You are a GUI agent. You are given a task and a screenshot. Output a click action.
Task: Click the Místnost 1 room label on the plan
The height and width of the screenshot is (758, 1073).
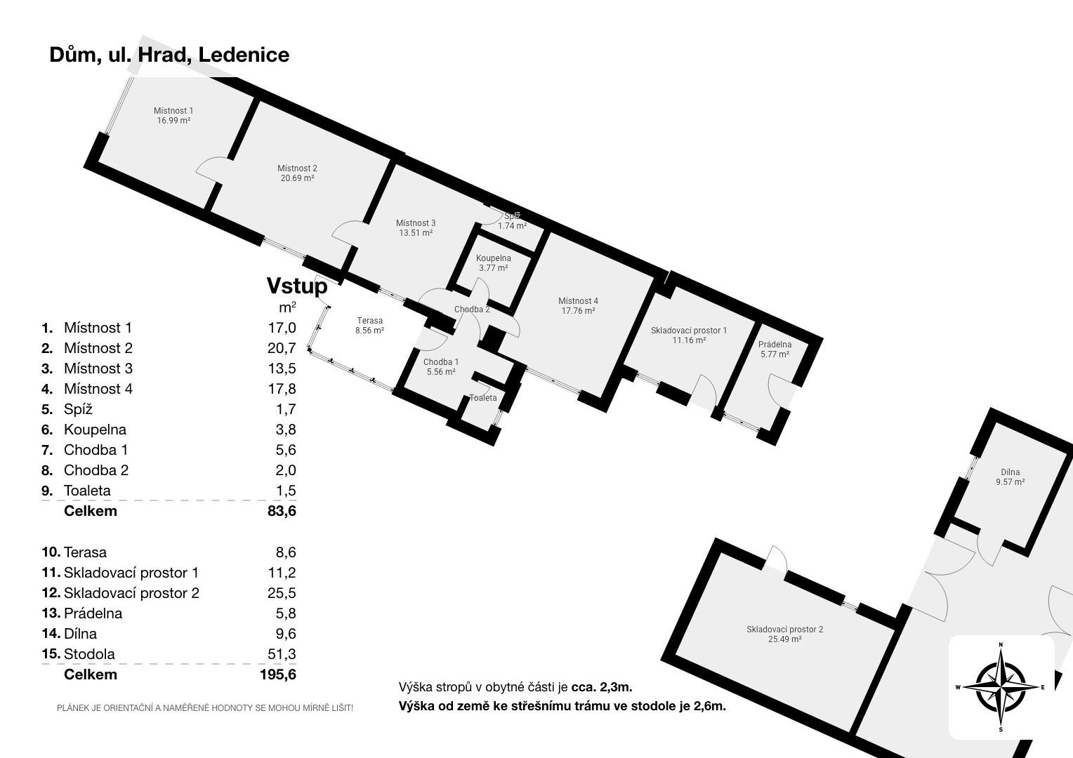[173, 111]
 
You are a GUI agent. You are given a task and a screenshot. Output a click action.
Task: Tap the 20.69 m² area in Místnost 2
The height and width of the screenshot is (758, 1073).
[297, 178]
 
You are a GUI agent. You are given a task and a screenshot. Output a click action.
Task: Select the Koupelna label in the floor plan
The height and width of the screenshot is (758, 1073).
[494, 258]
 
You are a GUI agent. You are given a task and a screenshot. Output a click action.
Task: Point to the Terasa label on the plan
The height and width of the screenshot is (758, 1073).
[369, 321]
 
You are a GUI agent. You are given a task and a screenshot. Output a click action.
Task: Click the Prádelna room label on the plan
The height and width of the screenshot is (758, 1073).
[775, 345]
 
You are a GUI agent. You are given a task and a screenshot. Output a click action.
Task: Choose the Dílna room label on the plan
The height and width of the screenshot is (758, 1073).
[1011, 472]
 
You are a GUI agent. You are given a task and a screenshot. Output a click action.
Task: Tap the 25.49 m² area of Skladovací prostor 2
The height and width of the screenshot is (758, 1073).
[785, 639]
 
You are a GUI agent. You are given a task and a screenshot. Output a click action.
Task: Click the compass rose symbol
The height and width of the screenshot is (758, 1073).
[1001, 686]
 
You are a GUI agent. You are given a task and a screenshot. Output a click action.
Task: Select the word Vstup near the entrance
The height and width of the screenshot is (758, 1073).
[296, 286]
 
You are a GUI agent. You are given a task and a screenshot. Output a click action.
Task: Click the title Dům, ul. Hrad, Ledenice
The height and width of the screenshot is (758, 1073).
[169, 55]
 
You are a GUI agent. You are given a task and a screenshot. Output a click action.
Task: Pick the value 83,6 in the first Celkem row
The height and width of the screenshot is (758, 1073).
[282, 511]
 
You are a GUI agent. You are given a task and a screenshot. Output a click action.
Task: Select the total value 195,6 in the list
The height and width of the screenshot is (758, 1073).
[277, 674]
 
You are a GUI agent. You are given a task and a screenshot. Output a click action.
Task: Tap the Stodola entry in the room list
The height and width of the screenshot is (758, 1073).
[89, 654]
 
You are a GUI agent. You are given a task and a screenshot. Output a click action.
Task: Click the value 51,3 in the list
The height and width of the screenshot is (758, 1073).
[282, 654]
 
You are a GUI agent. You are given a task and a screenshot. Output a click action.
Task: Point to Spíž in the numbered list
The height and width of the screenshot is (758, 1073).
[78, 409]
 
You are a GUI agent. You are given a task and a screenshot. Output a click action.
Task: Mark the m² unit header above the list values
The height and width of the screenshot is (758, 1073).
[287, 307]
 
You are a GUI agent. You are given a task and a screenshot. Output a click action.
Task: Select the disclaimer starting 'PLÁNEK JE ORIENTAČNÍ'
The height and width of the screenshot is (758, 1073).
[205, 708]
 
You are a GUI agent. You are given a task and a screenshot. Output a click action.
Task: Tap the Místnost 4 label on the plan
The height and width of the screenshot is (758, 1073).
[579, 301]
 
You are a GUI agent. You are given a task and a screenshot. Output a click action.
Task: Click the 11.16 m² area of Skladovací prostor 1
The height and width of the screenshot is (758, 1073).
[689, 340]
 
